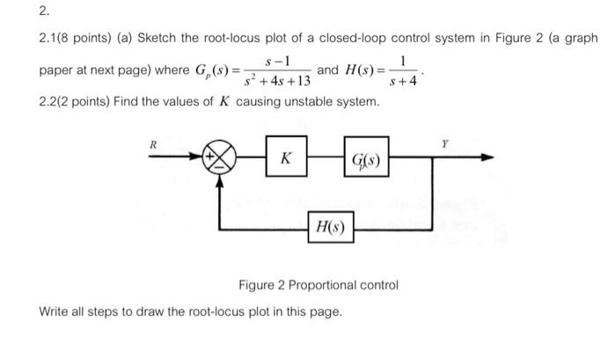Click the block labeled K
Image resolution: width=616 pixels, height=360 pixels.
pos(286,160)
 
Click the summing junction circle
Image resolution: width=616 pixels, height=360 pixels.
pos(219,160)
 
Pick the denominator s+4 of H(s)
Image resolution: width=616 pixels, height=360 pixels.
pos(403,80)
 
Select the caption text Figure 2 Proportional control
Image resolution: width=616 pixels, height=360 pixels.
pos(318,285)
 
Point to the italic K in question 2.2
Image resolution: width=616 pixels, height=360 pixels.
pos(225,103)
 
